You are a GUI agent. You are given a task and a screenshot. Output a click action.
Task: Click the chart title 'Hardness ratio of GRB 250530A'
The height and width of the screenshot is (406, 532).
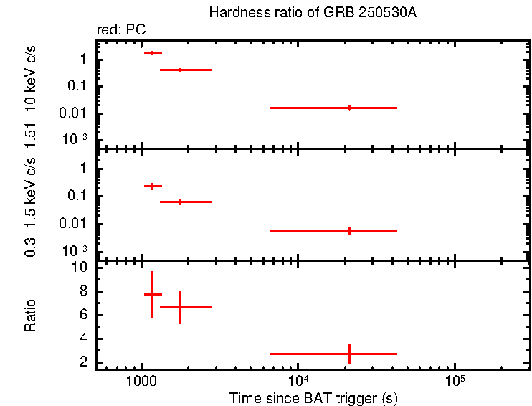[313, 13]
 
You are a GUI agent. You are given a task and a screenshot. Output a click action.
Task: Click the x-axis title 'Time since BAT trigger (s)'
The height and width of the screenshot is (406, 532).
[313, 397]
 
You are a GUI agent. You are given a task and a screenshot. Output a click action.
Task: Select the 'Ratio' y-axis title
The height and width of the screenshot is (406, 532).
[30, 316]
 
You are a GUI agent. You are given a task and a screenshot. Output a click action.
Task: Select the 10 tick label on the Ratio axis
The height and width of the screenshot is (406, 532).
[80, 268]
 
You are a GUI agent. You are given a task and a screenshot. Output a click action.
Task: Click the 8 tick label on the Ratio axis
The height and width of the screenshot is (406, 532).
[83, 291]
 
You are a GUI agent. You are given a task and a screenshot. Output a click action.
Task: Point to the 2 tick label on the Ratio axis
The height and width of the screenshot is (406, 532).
[83, 362]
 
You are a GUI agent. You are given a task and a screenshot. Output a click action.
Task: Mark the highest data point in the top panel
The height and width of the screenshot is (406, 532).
[152, 52]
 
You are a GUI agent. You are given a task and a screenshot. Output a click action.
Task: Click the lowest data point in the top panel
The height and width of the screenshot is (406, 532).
[349, 108]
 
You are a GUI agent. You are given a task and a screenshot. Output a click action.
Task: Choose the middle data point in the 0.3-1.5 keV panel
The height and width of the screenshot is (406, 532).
[180, 202]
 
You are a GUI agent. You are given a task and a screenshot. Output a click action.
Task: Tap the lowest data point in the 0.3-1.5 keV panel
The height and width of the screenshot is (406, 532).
[349, 230]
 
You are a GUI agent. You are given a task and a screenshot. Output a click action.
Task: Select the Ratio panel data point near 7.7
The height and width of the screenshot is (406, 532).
[152, 294]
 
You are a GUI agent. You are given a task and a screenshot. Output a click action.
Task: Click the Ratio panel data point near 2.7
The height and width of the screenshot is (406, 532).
[349, 354]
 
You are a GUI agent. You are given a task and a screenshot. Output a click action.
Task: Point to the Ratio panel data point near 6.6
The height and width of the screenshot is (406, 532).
[180, 307]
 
